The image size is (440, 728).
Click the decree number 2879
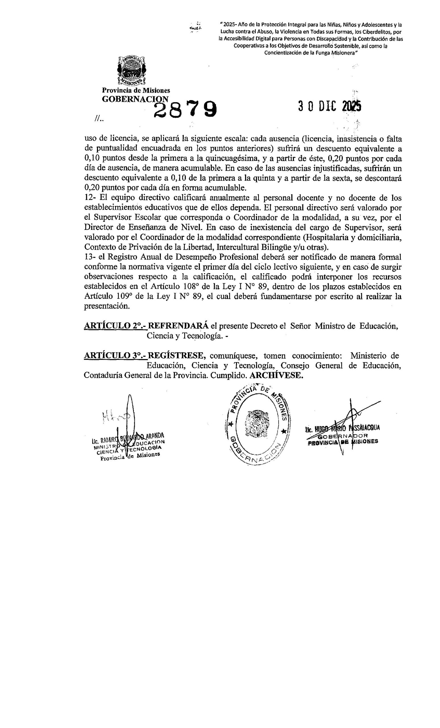185,110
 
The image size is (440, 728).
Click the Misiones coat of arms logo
131,70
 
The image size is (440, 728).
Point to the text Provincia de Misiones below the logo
136,90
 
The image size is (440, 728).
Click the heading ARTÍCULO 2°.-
115,326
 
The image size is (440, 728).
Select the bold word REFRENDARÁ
178,326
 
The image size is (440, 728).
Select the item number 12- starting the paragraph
90,198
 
